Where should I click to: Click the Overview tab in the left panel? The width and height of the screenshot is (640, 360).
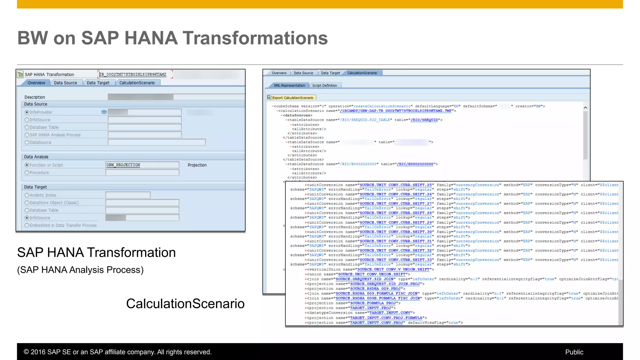(36, 83)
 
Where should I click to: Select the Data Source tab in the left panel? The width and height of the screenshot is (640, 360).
(65, 83)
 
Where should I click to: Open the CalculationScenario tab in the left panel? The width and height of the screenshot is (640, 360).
(137, 83)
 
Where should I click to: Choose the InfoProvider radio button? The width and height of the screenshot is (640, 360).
(27, 112)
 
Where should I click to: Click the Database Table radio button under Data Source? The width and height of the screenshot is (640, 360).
(27, 127)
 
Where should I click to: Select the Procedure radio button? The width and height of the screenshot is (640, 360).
(27, 172)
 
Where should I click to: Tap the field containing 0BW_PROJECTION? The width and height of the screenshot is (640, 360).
(142, 165)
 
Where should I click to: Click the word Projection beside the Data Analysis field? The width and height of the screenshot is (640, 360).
(197, 165)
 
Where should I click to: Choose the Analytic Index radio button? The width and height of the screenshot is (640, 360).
(27, 195)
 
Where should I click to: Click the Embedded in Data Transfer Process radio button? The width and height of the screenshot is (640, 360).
(27, 225)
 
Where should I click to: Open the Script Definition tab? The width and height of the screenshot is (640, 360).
(324, 85)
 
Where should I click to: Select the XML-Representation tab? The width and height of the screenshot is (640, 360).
(289, 85)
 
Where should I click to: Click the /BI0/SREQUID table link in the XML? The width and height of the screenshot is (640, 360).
(424, 120)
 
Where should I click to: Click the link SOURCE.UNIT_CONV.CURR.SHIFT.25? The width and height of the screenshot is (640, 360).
(395, 185)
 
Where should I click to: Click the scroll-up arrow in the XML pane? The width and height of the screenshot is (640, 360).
(585, 107)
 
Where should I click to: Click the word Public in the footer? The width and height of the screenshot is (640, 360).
(574, 352)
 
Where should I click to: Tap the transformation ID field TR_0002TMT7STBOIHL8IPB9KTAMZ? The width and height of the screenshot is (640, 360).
(133, 74)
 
